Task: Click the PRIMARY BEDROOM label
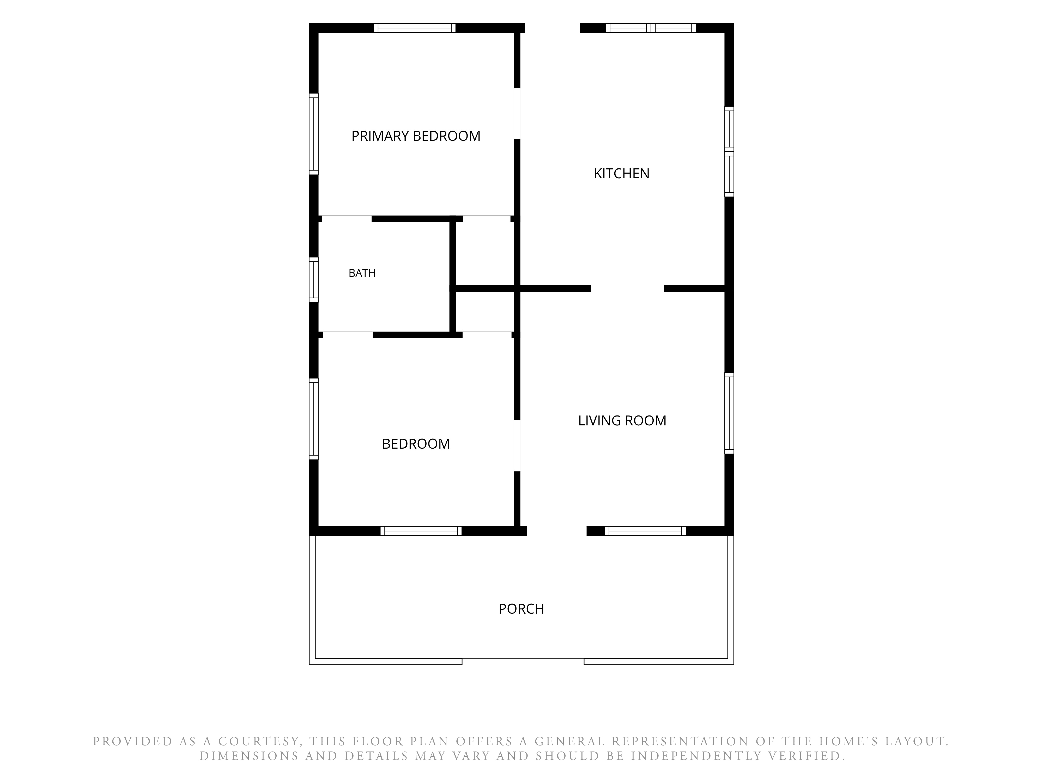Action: coord(416,136)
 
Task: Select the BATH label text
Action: coord(362,273)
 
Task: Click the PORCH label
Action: coord(521,609)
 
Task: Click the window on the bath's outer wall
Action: coord(314,279)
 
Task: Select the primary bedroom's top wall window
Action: coord(415,28)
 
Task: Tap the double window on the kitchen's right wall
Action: coord(729,151)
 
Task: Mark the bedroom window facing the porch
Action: coord(421,531)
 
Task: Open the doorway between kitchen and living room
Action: coord(628,289)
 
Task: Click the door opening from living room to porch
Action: coord(556,531)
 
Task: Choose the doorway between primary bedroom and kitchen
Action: coord(517,114)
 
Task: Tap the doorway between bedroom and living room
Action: coord(517,445)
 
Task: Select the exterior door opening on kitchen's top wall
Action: coord(553,28)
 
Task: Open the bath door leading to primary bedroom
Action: coord(347,219)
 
